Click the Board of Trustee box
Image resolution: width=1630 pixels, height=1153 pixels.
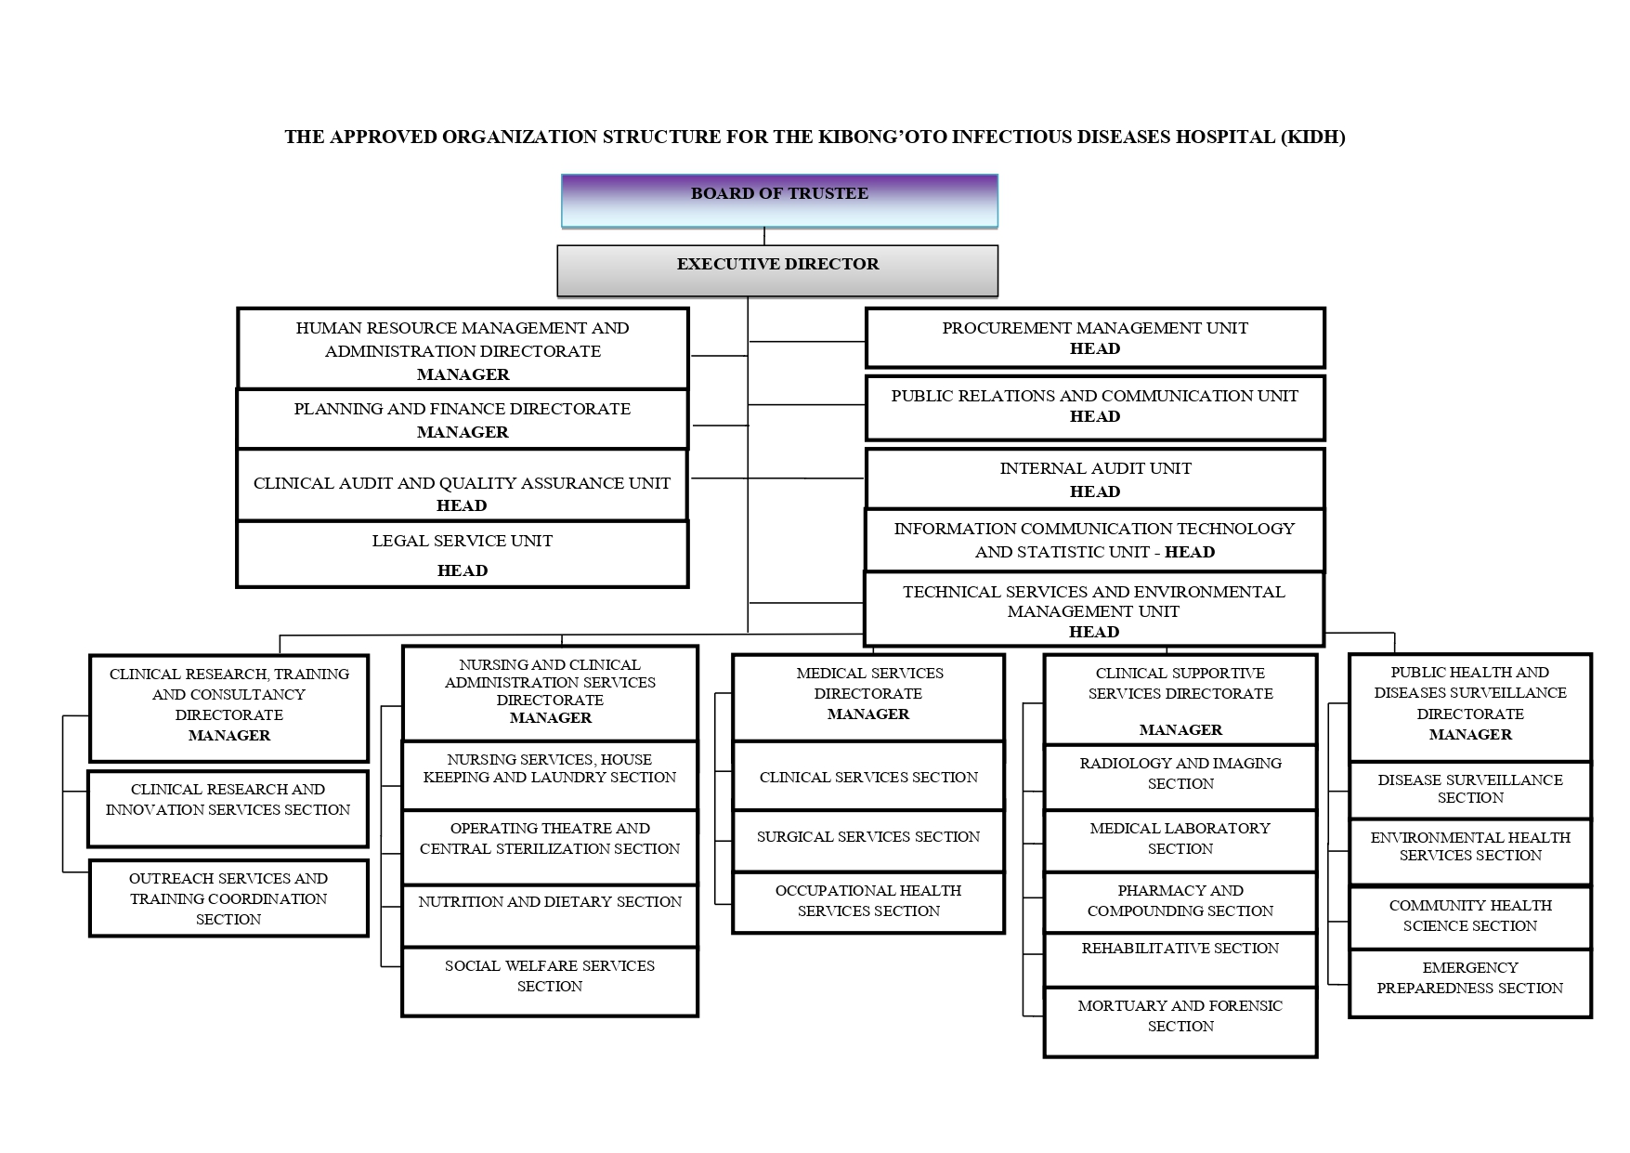pos(778,200)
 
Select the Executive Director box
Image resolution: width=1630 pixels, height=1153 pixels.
pos(777,269)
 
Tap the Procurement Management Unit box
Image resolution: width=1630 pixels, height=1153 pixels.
pos(1094,338)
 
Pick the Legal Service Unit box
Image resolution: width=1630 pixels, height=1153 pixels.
pos(462,555)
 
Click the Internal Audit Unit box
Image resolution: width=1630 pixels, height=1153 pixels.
pos(1094,479)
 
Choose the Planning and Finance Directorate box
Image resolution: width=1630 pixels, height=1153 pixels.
pos(462,420)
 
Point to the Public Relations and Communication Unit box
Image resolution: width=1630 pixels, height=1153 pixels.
pos(1094,407)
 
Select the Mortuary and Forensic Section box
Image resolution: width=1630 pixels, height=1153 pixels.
pos(1180,1022)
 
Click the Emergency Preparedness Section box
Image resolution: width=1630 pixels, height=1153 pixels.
pos(1469,983)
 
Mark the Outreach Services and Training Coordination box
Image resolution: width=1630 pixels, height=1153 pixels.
pos(228,898)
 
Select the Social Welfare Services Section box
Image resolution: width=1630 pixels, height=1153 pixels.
pos(549,981)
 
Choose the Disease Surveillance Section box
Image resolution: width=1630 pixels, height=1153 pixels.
pos(1469,790)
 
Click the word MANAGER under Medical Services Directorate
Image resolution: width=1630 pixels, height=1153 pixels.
pos(868,714)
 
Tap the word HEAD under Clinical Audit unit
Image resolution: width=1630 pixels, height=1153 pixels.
pos(462,506)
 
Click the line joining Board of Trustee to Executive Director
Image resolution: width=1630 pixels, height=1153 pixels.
pos(764,236)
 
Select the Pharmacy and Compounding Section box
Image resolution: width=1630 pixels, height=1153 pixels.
pos(1180,901)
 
